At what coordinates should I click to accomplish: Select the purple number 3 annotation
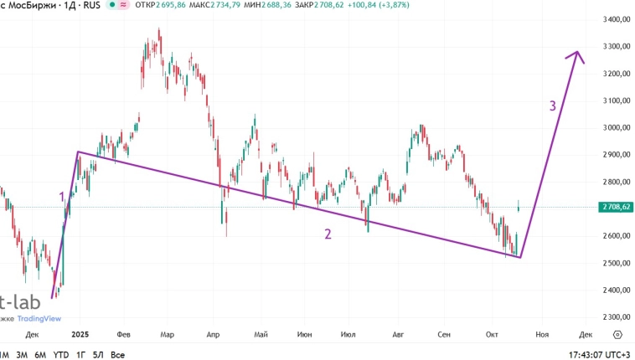tap(552, 106)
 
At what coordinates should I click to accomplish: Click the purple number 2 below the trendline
tap(328, 234)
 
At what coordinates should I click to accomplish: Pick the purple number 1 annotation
tap(61, 197)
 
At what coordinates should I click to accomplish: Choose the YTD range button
tap(61, 355)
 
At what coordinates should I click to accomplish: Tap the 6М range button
tap(40, 355)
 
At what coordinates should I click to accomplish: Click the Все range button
tap(118, 355)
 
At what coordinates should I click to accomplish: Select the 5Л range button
tap(99, 355)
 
